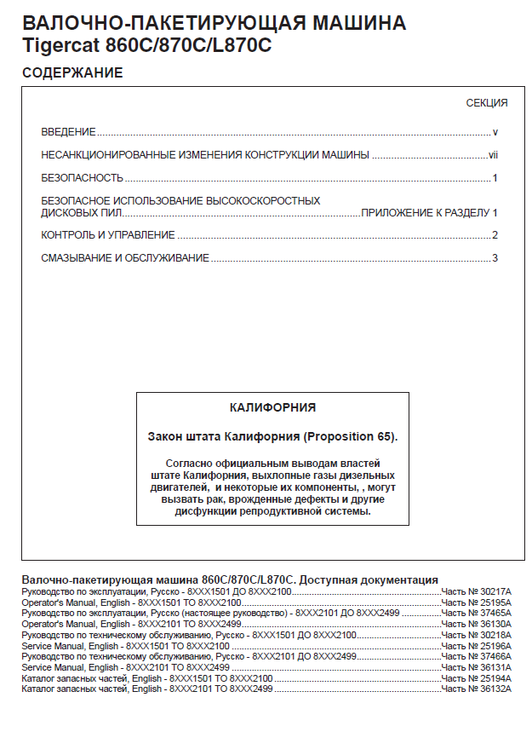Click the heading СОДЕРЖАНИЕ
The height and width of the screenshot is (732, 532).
(x=72, y=73)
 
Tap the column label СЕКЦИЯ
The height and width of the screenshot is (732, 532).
(x=486, y=103)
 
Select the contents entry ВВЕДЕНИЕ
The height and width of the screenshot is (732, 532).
(x=68, y=133)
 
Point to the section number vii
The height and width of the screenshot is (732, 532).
(x=492, y=155)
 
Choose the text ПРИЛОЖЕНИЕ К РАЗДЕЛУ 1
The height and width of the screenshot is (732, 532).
(x=429, y=212)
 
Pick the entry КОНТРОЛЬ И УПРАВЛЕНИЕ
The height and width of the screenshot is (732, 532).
(x=108, y=235)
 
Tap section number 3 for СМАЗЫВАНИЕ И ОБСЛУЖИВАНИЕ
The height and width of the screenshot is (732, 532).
(x=494, y=258)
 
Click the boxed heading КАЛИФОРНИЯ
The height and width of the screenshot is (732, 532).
(x=272, y=408)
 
